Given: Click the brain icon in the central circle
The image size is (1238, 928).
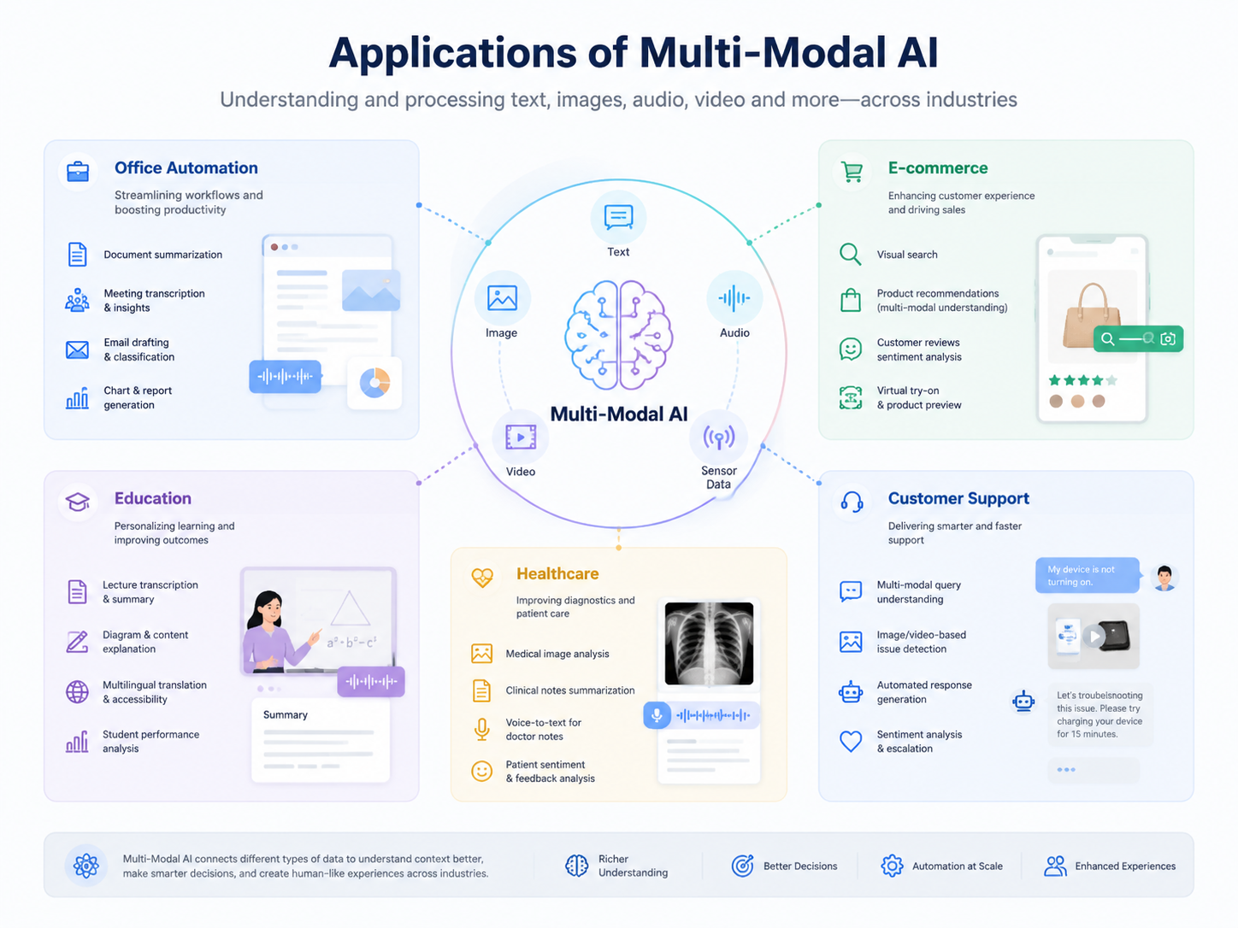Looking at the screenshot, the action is click(619, 335).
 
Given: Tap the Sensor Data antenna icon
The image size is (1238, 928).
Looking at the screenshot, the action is click(718, 438).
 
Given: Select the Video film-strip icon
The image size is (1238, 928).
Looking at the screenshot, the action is click(521, 438).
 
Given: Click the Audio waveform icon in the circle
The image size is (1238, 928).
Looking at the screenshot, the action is click(734, 298).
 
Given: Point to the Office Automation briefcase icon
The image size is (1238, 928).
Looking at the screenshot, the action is click(78, 171).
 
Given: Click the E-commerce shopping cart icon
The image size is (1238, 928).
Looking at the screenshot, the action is click(852, 171).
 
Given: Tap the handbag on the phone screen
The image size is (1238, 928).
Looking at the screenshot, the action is click(1091, 315).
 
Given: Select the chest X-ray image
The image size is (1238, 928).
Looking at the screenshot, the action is click(709, 643).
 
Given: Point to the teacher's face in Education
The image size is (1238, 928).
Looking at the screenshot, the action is click(270, 609).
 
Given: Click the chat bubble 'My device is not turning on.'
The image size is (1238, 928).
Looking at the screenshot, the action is click(1088, 575).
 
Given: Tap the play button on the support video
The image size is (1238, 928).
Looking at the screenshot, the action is click(1094, 637).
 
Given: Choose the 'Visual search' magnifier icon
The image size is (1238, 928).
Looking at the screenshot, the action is click(850, 254).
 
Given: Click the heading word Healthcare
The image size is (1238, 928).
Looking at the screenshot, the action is click(557, 573).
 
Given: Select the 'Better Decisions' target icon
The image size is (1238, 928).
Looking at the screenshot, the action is click(742, 866).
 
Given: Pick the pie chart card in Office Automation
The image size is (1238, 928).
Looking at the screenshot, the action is click(374, 383).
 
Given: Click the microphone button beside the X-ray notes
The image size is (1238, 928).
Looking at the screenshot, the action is click(657, 715).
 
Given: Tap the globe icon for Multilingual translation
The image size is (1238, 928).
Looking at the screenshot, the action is click(77, 692).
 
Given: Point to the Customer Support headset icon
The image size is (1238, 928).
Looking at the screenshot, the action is click(852, 502).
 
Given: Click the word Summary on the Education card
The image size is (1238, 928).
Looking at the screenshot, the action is click(286, 714).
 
